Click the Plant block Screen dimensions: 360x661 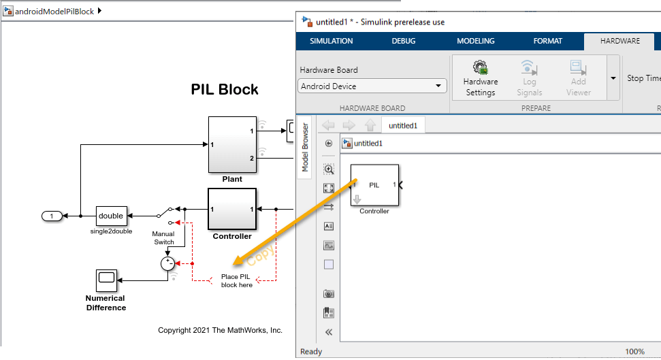[x=232, y=144]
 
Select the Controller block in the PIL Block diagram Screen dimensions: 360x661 [x=232, y=210]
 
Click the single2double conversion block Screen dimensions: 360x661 [x=110, y=216]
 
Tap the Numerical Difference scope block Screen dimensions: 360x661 [x=106, y=278]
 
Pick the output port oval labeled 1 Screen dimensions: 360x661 [x=52, y=216]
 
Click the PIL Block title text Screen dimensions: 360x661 [x=225, y=90]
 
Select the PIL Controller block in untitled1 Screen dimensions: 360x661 [x=374, y=185]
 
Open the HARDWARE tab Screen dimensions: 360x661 [x=619, y=41]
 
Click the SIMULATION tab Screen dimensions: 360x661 [x=332, y=41]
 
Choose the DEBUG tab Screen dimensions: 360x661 [x=404, y=41]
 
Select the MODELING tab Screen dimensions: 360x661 [x=476, y=41]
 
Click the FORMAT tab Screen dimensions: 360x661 [x=548, y=41]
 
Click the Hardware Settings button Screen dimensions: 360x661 [x=481, y=78]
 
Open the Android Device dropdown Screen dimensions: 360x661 [x=372, y=86]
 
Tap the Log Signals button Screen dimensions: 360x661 [x=529, y=78]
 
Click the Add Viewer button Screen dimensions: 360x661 [x=579, y=78]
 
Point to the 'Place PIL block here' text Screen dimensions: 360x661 [x=237, y=280]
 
